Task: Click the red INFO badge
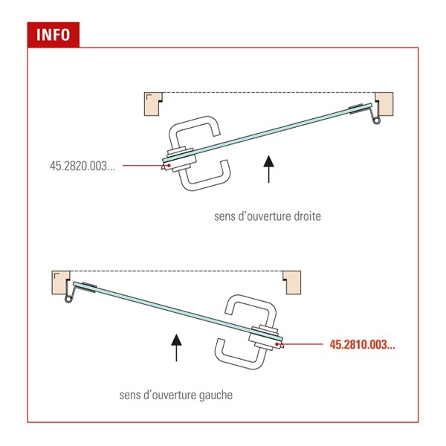click(54, 35)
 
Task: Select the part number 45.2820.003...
click(83, 166)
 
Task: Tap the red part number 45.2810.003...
click(363, 344)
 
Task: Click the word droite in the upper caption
click(307, 216)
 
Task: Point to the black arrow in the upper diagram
click(269, 169)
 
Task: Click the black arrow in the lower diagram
click(176, 348)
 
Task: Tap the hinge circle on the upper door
click(377, 120)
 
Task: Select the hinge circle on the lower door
click(68, 299)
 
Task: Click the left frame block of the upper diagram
click(152, 104)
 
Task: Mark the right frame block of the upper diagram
click(385, 104)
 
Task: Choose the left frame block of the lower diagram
click(60, 282)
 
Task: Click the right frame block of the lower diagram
click(292, 282)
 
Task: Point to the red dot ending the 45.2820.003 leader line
click(169, 165)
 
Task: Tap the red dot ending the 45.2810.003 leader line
click(277, 344)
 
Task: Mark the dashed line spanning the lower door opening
click(176, 271)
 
